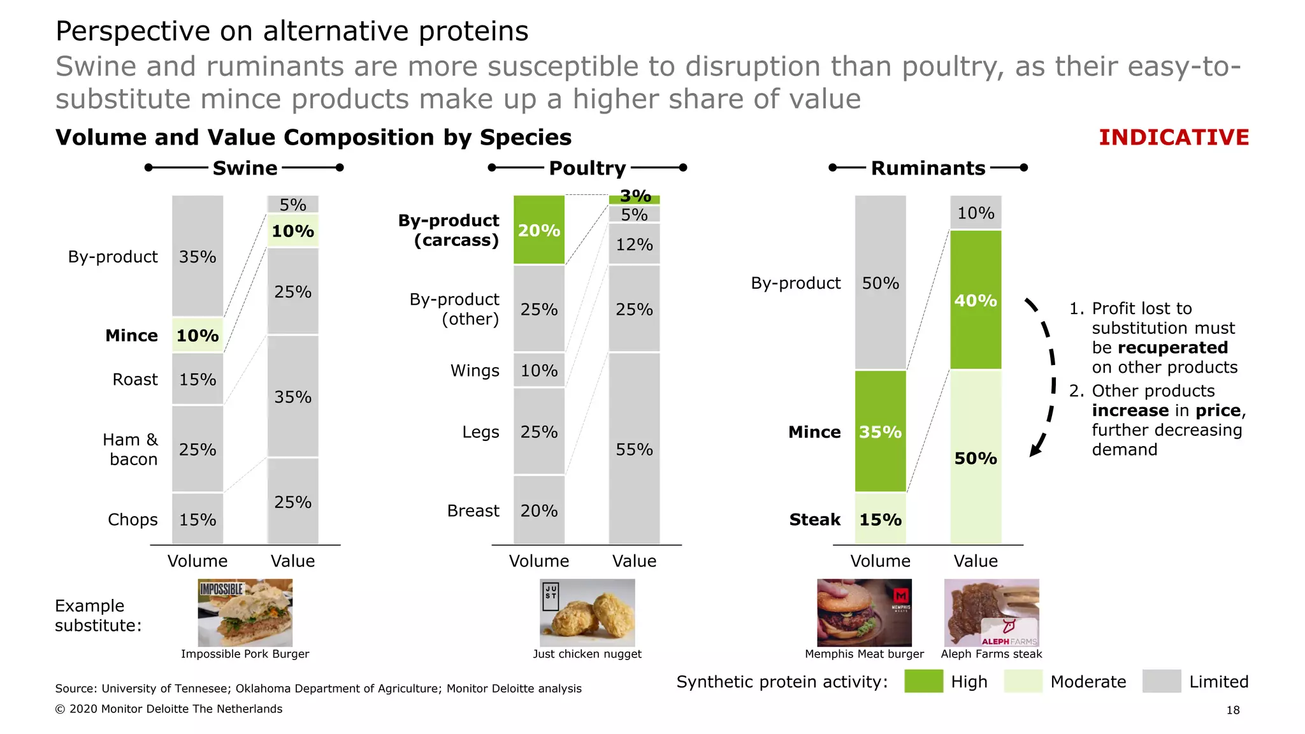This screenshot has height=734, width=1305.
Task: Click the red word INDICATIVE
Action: (1174, 138)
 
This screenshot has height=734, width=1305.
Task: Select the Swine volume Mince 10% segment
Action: (198, 335)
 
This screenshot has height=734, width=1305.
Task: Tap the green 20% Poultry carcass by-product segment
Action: (539, 230)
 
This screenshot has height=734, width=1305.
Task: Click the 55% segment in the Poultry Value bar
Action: (634, 449)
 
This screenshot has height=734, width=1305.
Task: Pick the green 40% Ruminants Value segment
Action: (976, 299)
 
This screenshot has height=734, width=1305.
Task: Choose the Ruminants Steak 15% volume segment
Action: (880, 519)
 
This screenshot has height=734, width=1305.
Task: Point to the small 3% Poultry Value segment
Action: (634, 199)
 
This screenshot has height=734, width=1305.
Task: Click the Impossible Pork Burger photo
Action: (245, 612)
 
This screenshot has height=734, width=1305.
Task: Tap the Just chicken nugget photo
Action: (587, 612)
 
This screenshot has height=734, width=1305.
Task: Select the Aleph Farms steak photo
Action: (991, 612)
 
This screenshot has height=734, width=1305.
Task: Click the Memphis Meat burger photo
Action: (864, 612)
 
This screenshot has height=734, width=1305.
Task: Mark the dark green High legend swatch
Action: (923, 681)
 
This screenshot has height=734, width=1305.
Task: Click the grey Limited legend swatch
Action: (1161, 681)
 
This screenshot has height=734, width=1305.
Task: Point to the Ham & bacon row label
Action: (131, 449)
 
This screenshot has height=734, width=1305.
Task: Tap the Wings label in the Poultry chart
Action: (475, 370)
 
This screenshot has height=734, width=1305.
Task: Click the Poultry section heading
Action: (587, 168)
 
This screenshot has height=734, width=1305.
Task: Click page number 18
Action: (1232, 710)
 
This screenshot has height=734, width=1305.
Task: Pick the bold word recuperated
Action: (1159, 347)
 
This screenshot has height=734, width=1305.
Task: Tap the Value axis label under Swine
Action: (292, 561)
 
